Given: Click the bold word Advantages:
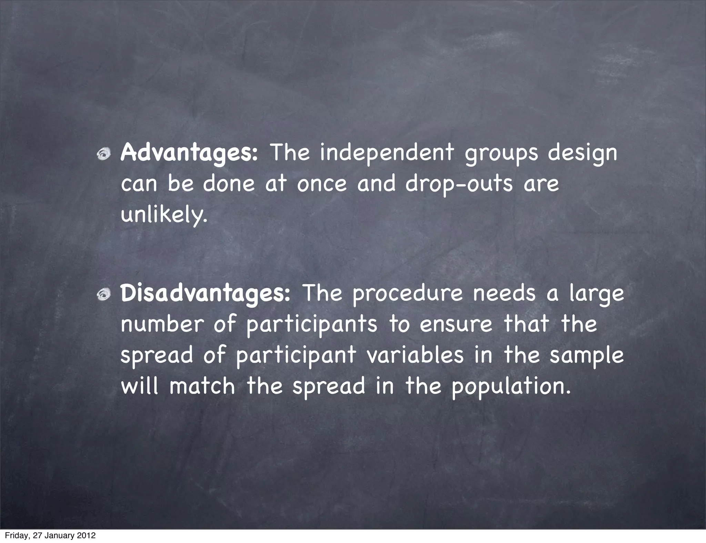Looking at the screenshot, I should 189,153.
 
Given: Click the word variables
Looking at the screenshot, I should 415,355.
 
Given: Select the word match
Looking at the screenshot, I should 202,386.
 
